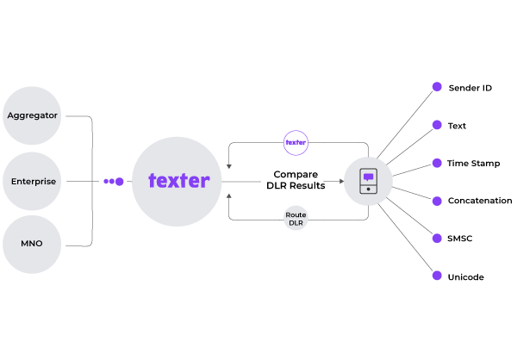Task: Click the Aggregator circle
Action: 32,115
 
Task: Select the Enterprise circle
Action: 32,182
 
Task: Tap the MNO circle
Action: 32,245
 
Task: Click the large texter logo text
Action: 178,181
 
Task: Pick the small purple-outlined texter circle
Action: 296,142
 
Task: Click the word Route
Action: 296,214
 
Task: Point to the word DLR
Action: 296,223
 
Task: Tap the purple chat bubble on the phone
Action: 369,177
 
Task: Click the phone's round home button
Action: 369,189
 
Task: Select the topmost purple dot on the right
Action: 437,86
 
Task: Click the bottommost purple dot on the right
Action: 437,276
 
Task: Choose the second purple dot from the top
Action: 437,125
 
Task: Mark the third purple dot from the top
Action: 437,163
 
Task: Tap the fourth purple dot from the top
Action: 437,201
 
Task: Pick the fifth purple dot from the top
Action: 437,238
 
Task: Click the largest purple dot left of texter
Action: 120,182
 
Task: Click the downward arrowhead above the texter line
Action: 229,166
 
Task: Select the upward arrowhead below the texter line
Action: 229,196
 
